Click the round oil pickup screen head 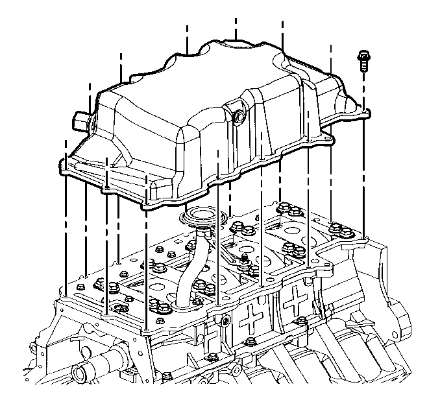click(x=201, y=217)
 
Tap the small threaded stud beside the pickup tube click(x=244, y=260)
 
